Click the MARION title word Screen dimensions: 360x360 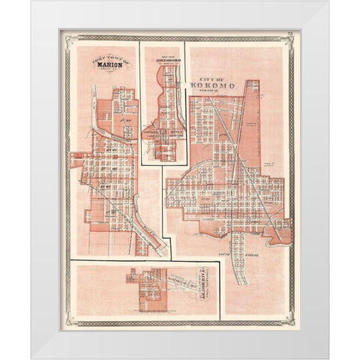point(110,64)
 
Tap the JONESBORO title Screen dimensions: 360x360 point(163,58)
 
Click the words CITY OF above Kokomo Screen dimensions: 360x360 point(212,78)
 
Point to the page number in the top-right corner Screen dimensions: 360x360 point(289,34)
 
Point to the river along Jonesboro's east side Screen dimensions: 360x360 point(180,112)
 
